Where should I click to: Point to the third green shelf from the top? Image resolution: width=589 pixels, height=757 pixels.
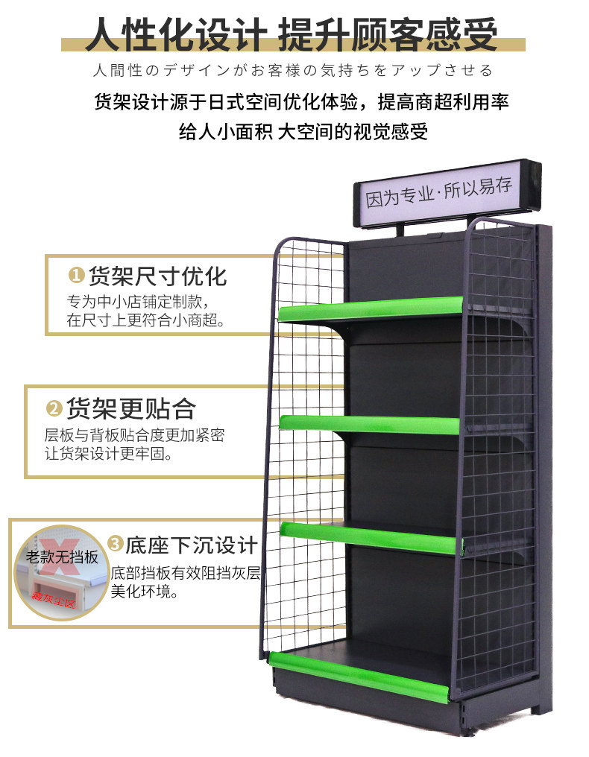(x=369, y=538)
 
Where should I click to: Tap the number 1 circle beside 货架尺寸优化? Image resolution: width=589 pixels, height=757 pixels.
(x=76, y=276)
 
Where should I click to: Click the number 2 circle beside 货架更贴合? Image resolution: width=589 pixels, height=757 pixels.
(x=54, y=408)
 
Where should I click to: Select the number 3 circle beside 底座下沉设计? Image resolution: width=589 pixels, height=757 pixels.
(x=115, y=544)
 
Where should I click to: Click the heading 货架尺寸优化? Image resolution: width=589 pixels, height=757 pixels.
(x=157, y=276)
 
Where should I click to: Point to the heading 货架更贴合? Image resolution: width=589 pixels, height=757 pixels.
(x=130, y=408)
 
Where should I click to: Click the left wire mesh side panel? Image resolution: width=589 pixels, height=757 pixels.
(x=306, y=447)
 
